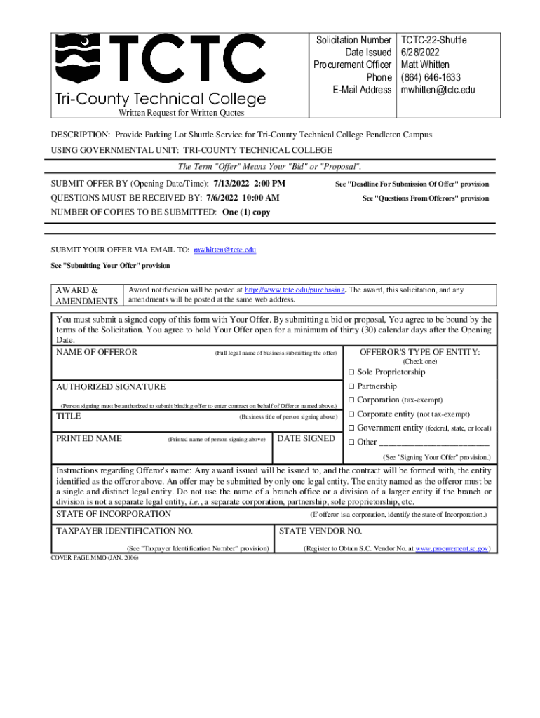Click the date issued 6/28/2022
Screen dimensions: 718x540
pyautogui.click(x=420, y=53)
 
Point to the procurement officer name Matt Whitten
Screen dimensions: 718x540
pyautogui.click(x=425, y=65)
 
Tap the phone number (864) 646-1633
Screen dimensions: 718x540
pyautogui.click(x=431, y=78)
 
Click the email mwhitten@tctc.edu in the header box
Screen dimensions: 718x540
pyautogui.click(x=438, y=90)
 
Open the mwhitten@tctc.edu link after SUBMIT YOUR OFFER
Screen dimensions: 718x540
pyautogui.click(x=224, y=250)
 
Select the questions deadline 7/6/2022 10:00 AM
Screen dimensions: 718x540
pyautogui.click(x=242, y=198)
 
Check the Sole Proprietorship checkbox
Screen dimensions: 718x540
pyautogui.click(x=352, y=372)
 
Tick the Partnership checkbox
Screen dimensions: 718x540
pyautogui.click(x=352, y=386)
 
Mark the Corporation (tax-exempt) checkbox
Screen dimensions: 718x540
pyautogui.click(x=352, y=400)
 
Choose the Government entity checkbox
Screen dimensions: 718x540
pyautogui.click(x=352, y=428)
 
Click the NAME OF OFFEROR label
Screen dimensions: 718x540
pyautogui.click(x=97, y=352)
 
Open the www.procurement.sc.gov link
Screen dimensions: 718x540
pyautogui.click(x=452, y=548)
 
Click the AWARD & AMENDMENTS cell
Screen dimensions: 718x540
pyautogui.click(x=87, y=295)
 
